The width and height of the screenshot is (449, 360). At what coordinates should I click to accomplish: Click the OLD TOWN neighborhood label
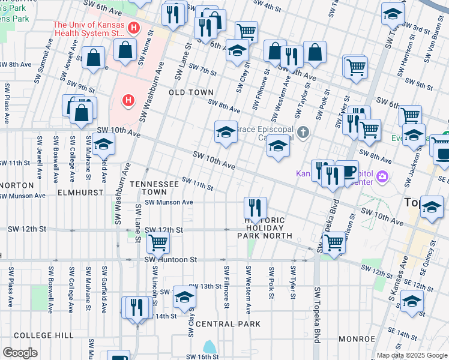[191, 92]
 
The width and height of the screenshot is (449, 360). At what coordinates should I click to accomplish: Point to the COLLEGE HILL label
[35, 335]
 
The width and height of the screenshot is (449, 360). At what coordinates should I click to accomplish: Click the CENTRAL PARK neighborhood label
[228, 324]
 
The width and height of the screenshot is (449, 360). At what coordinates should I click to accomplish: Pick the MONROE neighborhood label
[357, 339]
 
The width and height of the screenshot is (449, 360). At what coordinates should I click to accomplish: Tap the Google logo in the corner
[20, 353]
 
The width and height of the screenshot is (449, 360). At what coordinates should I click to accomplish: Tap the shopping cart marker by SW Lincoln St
[158, 242]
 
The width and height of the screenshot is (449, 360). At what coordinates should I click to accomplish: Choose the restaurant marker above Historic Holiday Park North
[255, 208]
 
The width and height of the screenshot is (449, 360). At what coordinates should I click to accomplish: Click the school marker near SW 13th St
[184, 296]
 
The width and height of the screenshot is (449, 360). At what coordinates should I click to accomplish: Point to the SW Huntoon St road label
[170, 260]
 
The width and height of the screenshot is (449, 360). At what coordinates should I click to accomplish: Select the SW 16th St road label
[200, 356]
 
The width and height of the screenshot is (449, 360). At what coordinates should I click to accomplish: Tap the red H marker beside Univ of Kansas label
[134, 28]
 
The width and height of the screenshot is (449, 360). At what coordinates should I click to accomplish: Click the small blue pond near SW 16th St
[209, 347]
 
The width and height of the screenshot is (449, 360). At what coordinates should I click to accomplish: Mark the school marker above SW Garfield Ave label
[103, 144]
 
